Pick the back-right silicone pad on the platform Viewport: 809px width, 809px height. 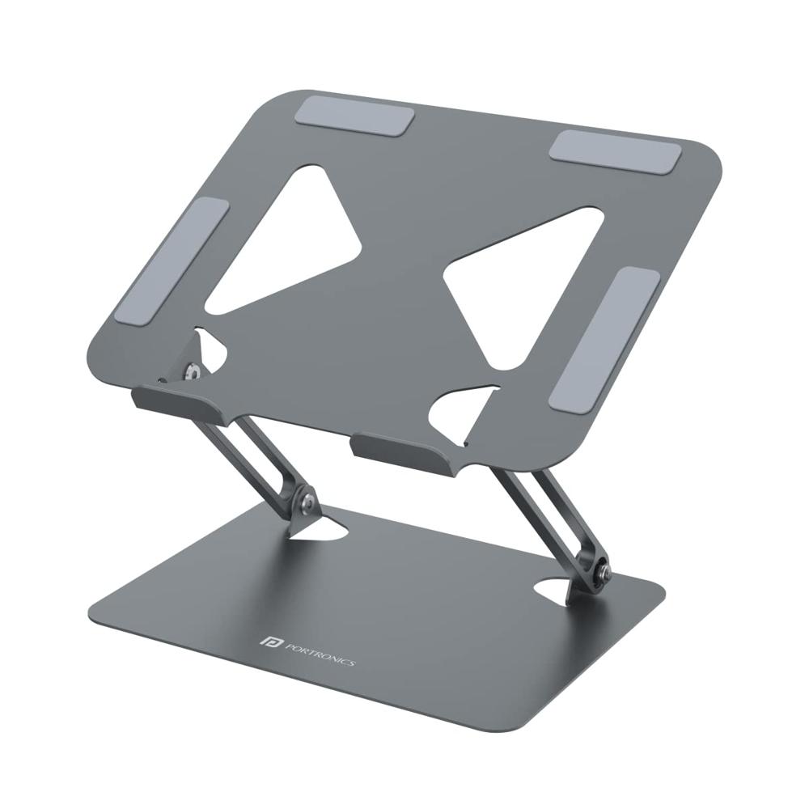click(615, 150)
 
